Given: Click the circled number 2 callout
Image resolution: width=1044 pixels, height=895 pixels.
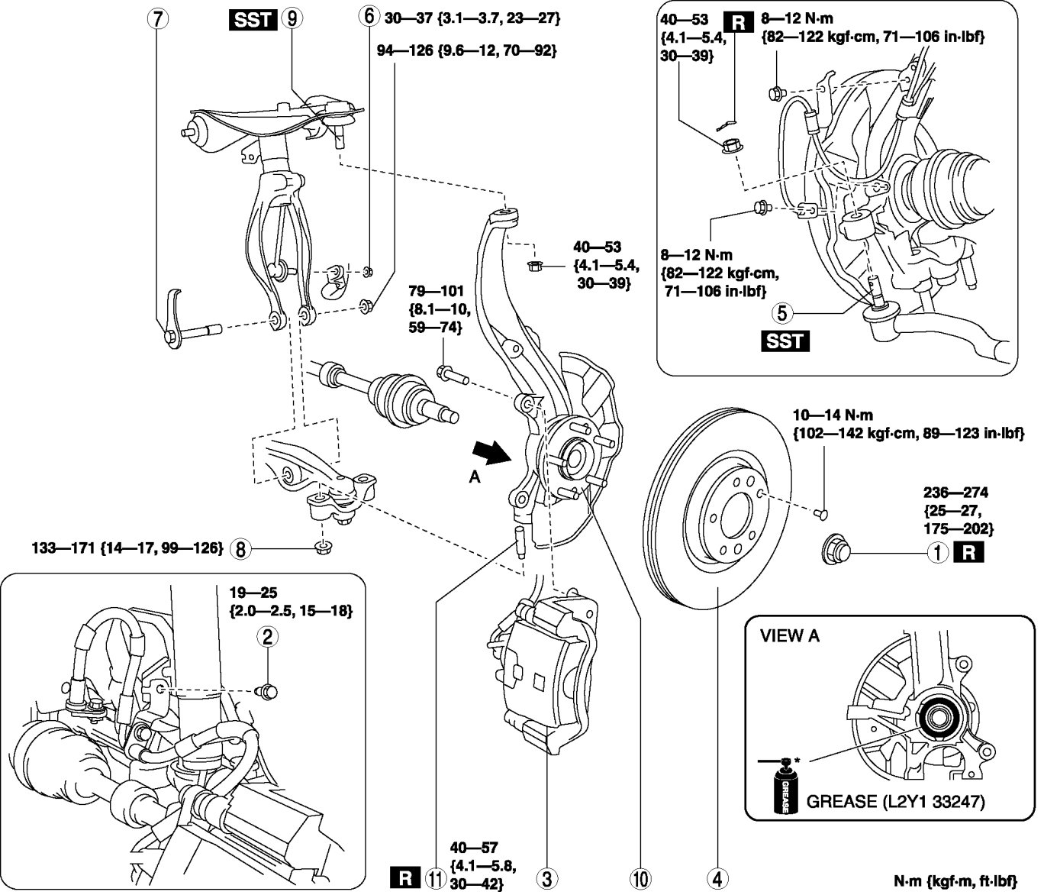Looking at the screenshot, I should click(266, 637).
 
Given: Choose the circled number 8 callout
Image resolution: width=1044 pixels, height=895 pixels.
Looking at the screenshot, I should click(240, 548).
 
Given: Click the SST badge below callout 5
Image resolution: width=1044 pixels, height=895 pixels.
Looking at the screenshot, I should click(785, 341).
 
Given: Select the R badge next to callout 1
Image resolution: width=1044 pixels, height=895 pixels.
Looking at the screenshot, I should click(968, 552).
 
